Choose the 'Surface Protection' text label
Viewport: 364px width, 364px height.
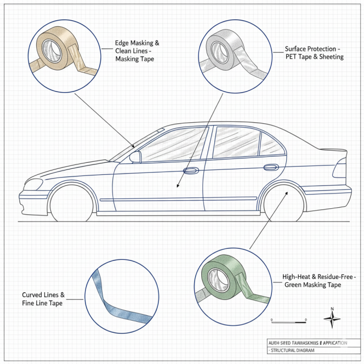[x=314, y=53]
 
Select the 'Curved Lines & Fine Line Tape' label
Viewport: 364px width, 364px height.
[x=43, y=299]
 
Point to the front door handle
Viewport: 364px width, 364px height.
[x=190, y=171]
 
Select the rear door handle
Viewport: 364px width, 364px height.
[x=270, y=167]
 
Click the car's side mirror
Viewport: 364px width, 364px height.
[x=135, y=157]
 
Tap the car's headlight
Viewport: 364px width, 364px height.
[x=33, y=184]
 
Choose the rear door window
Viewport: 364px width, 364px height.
[x=236, y=141]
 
